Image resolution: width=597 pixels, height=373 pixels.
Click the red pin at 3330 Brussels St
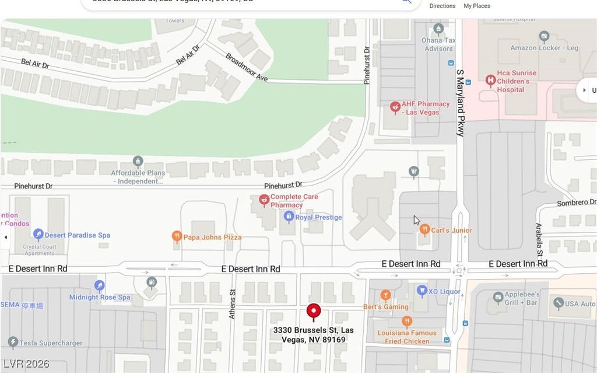point(314,311)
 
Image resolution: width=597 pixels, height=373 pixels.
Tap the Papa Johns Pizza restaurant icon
point(177,236)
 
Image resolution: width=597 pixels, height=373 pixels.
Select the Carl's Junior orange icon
point(424,229)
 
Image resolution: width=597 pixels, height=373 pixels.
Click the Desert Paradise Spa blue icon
point(38,235)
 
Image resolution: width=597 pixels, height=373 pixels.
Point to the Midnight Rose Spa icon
point(100,285)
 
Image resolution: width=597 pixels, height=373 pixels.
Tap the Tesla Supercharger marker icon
point(12,342)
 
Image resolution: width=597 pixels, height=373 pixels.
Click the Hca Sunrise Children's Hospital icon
point(490,81)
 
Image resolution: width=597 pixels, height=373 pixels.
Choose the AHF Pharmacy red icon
point(395,107)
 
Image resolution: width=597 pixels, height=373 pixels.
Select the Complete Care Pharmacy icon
point(264,201)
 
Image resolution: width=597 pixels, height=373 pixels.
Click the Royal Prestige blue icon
point(288,217)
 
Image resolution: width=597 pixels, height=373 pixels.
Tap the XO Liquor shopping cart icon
point(422,291)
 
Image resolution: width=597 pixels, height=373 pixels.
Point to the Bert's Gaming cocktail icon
point(385,295)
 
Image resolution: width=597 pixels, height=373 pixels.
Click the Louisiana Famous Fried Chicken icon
point(407,321)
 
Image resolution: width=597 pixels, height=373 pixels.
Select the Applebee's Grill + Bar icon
point(498,298)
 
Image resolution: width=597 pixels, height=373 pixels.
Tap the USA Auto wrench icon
point(558,303)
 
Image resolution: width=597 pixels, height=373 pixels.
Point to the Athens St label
point(232,304)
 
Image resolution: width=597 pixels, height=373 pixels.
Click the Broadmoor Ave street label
point(246,68)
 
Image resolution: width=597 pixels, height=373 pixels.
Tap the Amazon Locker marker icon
point(544,36)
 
